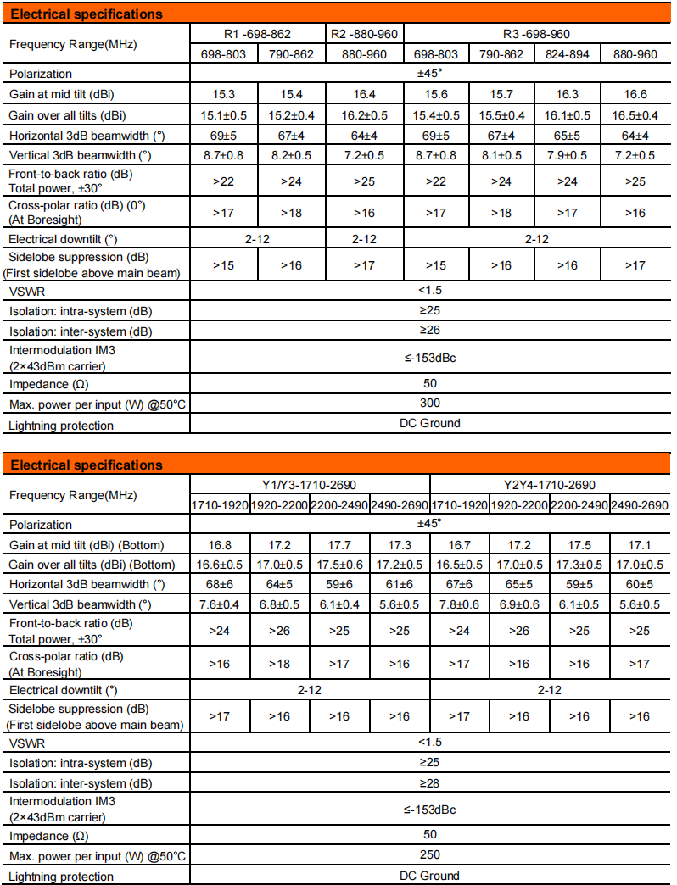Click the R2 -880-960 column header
pyautogui.click(x=365, y=34)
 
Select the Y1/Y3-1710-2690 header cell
pyautogui.click(x=309, y=485)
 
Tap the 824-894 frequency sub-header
pyautogui.click(x=568, y=54)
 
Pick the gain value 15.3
pyautogui.click(x=223, y=95)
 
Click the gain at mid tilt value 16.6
pyautogui.click(x=635, y=95)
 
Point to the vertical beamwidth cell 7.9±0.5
pyautogui.click(x=568, y=155)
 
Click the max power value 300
pyautogui.click(x=430, y=404)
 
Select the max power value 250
pyautogui.click(x=430, y=854)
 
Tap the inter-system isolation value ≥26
pyautogui.click(x=430, y=331)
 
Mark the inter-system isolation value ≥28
pyautogui.click(x=430, y=782)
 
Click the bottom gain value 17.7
pyautogui.click(x=339, y=545)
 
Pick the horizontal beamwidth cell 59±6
pyautogui.click(x=339, y=585)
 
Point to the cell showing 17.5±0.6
pyautogui.click(x=339, y=565)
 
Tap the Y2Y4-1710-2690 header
pyautogui.click(x=550, y=485)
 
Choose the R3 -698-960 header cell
pyautogui.click(x=536, y=34)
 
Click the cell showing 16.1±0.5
pyautogui.click(x=568, y=115)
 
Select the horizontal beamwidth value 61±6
pyautogui.click(x=400, y=585)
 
